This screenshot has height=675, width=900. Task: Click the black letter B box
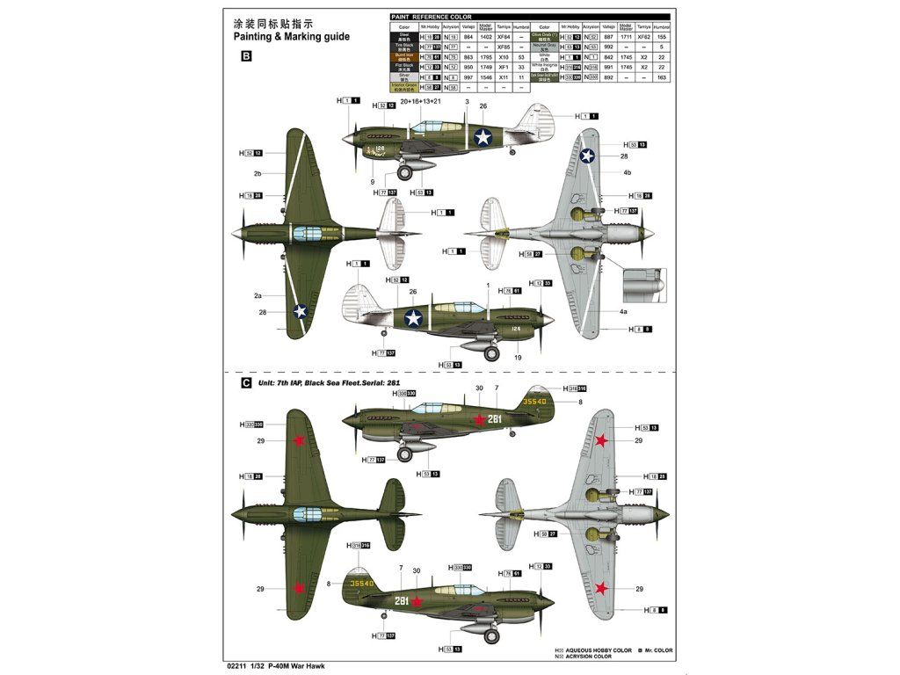pyautogui.click(x=246, y=56)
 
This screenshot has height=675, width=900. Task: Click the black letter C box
pyautogui.click(x=246, y=383)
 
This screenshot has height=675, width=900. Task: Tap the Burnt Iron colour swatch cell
pyautogui.click(x=405, y=56)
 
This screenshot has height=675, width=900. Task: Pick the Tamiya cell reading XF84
pyautogui.click(x=504, y=37)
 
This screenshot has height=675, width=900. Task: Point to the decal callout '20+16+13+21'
pyautogui.click(x=420, y=102)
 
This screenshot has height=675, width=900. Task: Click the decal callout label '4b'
pyautogui.click(x=628, y=173)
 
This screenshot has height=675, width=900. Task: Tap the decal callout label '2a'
pyautogui.click(x=258, y=296)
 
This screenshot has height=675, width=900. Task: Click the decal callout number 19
pyautogui.click(x=518, y=358)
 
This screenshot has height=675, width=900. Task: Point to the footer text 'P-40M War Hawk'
pyautogui.click(x=293, y=665)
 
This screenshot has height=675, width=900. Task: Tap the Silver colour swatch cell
pyautogui.click(x=405, y=77)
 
